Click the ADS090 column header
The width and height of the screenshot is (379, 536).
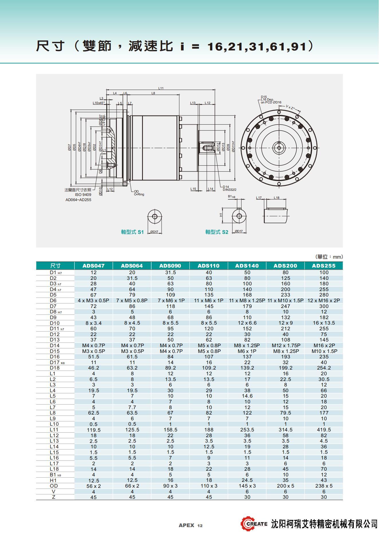click(170, 266)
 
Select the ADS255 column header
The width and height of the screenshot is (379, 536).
click(324, 266)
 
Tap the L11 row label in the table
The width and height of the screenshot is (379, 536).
click(54, 430)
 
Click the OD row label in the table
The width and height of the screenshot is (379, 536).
click(54, 486)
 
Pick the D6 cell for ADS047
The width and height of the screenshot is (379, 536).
click(93, 301)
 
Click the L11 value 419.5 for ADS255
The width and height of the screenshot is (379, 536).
click(324, 430)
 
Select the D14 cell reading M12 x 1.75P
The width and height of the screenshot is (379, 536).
click(286, 345)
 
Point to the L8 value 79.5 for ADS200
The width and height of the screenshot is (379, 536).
click(286, 413)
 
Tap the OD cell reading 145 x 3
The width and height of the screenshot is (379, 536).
click(247, 486)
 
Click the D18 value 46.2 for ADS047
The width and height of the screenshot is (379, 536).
click(93, 368)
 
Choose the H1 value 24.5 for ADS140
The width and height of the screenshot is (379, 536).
click(247, 480)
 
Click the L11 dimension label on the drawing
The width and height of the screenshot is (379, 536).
click(161, 88)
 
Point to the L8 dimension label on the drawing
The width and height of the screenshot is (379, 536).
click(153, 93)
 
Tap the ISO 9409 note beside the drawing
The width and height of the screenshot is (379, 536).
click(83, 195)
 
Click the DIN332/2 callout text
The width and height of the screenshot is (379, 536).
click(230, 190)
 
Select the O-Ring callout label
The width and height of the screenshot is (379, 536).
click(139, 195)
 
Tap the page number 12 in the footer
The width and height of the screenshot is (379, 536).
click(200, 525)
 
